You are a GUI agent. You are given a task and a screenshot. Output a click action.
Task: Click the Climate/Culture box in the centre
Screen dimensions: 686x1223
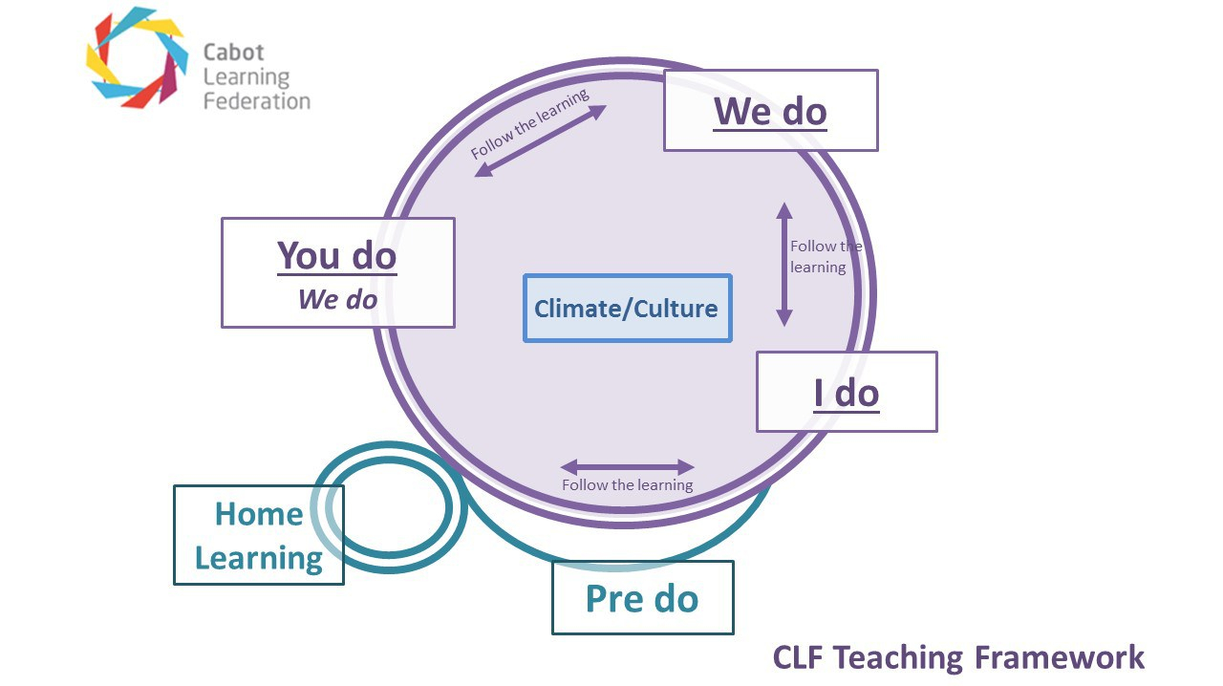pyautogui.click(x=627, y=309)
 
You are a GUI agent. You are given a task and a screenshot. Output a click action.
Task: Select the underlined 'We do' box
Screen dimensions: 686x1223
pyautogui.click(x=770, y=111)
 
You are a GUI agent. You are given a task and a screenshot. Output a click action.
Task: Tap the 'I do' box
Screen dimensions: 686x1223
pyautogui.click(x=847, y=392)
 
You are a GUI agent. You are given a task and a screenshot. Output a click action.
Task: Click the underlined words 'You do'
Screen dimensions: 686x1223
pyautogui.click(x=336, y=256)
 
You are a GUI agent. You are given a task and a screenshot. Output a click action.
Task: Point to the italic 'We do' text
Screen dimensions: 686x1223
pyautogui.click(x=337, y=299)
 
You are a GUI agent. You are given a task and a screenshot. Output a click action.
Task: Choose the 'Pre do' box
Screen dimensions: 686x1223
pyautogui.click(x=642, y=598)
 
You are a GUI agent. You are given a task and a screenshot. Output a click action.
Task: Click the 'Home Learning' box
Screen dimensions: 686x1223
pyautogui.click(x=258, y=535)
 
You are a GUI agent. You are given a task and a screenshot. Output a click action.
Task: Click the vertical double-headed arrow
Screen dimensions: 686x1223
pyautogui.click(x=783, y=265)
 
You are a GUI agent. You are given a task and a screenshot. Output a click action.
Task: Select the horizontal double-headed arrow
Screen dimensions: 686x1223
pyautogui.click(x=627, y=467)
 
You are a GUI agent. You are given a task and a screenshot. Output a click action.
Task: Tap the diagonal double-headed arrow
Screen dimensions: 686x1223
pyautogui.click(x=541, y=140)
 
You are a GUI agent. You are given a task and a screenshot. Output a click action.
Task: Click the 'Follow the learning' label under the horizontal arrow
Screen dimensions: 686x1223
pyautogui.click(x=627, y=485)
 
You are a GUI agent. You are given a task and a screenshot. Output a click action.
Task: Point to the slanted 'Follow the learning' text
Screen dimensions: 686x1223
pyautogui.click(x=528, y=124)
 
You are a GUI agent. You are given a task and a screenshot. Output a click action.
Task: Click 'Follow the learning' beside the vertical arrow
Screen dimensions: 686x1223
pyautogui.click(x=824, y=257)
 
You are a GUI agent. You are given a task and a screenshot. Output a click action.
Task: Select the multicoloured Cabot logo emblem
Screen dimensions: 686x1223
pyautogui.click(x=136, y=57)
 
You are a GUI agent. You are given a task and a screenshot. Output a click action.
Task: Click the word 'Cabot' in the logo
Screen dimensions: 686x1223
pyautogui.click(x=233, y=53)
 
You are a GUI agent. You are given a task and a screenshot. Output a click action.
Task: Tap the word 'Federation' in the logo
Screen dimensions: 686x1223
pyautogui.click(x=256, y=100)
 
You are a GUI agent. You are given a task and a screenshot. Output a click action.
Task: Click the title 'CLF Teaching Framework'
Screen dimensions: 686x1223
pyautogui.click(x=957, y=657)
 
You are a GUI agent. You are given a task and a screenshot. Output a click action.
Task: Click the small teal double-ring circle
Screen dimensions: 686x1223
pyautogui.click(x=390, y=507)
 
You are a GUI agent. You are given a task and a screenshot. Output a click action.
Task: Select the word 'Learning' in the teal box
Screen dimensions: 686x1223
pyautogui.click(x=258, y=558)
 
